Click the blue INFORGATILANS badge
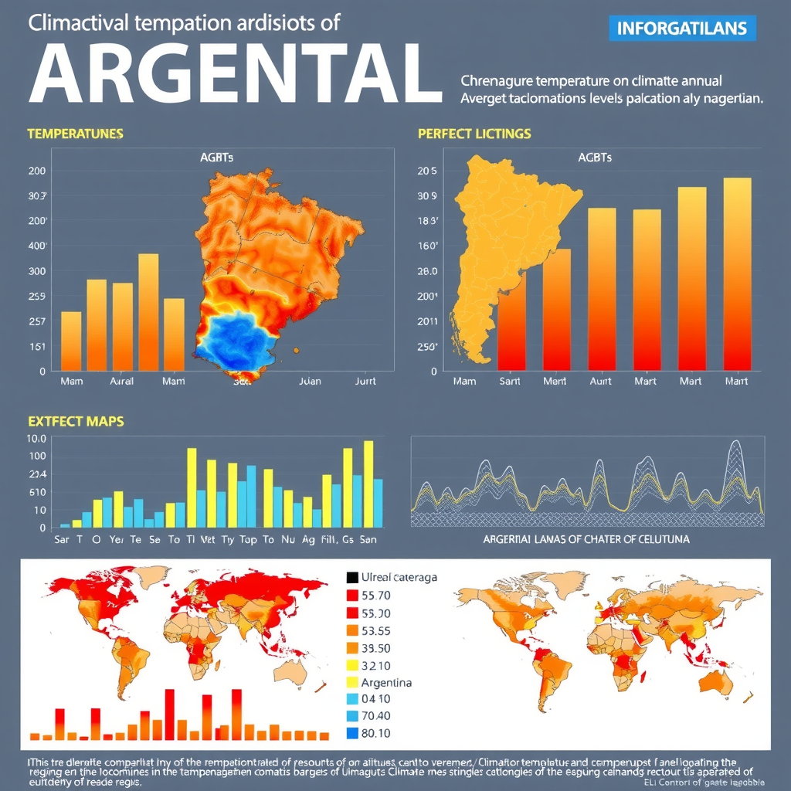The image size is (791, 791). [x=682, y=29]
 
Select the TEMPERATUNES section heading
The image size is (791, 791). [x=75, y=134]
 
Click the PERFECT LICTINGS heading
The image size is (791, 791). [x=474, y=134]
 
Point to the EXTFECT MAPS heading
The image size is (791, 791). [x=75, y=422]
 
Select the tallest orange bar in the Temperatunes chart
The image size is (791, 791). [x=148, y=312]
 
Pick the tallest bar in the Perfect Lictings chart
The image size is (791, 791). [x=737, y=274]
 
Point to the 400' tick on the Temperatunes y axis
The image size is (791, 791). [x=37, y=246]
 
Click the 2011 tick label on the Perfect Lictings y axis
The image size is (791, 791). [x=427, y=321]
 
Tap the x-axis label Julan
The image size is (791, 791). [x=309, y=381]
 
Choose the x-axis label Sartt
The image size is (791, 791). [x=510, y=381]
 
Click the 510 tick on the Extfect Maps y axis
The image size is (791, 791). [x=37, y=492]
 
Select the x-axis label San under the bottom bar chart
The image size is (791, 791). [x=368, y=540]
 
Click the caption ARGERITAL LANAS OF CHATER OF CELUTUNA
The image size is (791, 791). [x=586, y=538]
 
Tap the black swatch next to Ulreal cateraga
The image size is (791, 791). [x=352, y=577]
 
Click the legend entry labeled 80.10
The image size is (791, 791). [x=375, y=733]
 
